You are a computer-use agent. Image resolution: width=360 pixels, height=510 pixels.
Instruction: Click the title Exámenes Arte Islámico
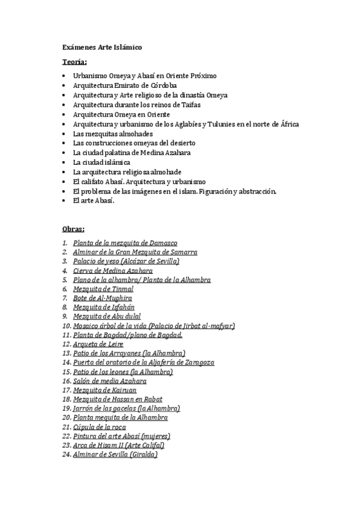pyautogui.click(x=103, y=46)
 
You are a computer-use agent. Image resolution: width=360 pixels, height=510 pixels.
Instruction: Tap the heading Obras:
pyautogui.click(x=73, y=229)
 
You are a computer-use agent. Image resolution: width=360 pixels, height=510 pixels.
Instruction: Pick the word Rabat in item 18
pyautogui.click(x=153, y=399)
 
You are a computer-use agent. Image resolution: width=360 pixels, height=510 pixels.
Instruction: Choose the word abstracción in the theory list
pyautogui.click(x=254, y=191)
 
